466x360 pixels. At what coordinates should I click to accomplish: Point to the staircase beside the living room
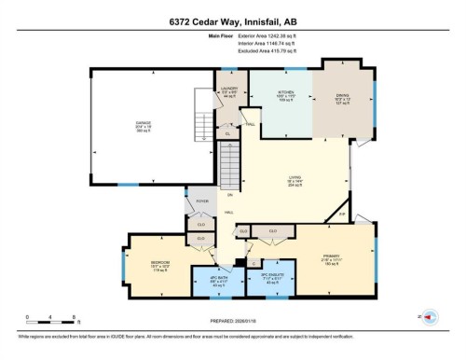(237, 164)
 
